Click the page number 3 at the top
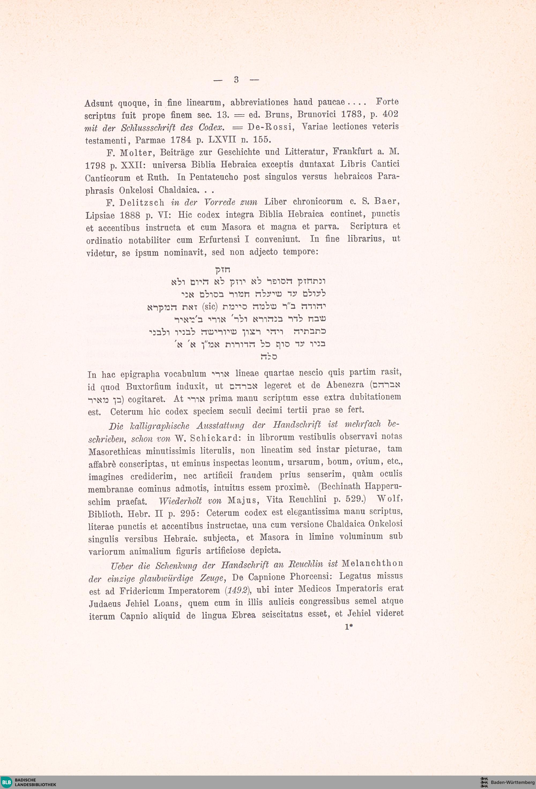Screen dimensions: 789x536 tap(236, 80)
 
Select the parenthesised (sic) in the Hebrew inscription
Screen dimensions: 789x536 tap(209, 307)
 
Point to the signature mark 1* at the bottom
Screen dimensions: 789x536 tap(349, 627)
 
